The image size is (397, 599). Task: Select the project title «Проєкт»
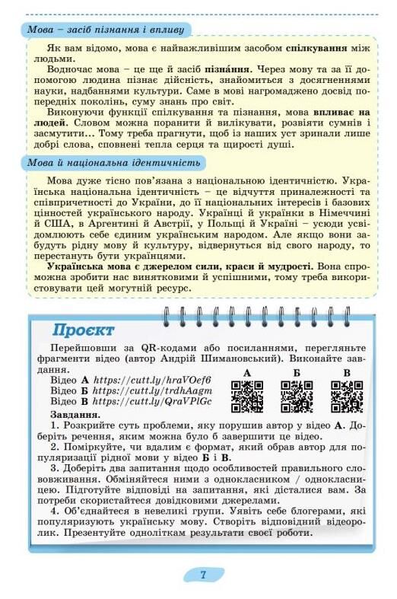click(84, 330)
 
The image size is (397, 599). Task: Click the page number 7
click(203, 575)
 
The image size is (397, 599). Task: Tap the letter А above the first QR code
click(247, 372)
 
